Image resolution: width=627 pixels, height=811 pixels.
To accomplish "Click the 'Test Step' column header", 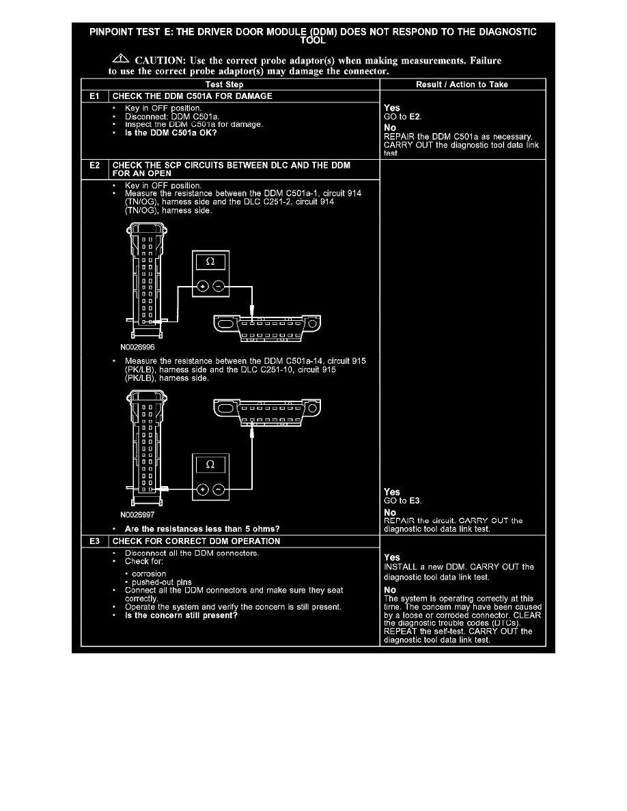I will [x=229, y=84].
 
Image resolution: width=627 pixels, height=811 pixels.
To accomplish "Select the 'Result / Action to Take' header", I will [x=462, y=84].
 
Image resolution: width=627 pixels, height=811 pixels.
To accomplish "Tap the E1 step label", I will [x=94, y=96].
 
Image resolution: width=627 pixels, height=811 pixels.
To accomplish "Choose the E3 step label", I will [x=94, y=541].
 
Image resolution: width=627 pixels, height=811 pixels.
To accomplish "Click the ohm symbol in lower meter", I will [x=209, y=464].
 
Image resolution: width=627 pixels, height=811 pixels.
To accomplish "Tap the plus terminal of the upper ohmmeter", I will [x=202, y=287].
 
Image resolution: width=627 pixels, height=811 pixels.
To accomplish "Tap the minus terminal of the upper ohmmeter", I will [x=218, y=287].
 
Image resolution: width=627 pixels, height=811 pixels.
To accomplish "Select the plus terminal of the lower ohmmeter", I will [x=202, y=489].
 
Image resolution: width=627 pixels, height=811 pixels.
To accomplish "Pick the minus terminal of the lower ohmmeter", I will [x=218, y=489].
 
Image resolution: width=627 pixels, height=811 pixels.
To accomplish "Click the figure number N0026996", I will [x=139, y=347].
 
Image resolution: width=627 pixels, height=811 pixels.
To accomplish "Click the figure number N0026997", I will [x=139, y=516].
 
